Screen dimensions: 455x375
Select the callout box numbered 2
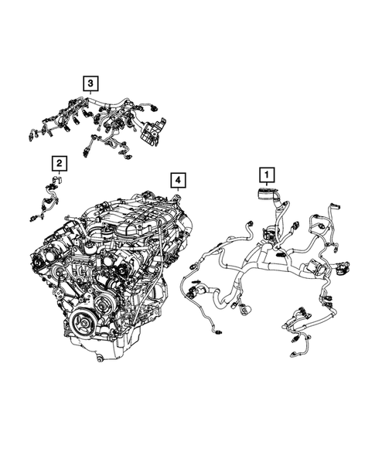(59, 163)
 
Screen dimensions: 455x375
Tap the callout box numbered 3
(91, 82)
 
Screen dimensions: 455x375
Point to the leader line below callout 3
(91, 92)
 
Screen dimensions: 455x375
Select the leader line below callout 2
(59, 173)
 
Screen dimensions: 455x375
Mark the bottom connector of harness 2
(38, 219)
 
